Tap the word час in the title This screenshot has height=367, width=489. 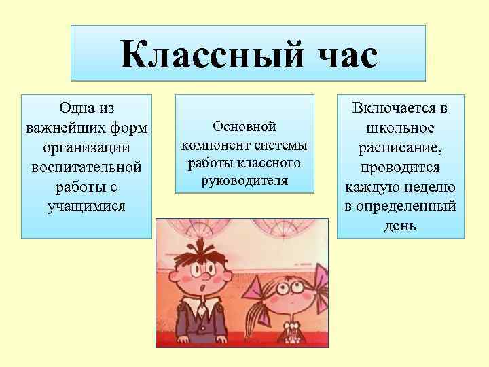pos(338,54)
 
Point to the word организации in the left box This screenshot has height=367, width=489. pos(86,147)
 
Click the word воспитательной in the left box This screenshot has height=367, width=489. pos(86,167)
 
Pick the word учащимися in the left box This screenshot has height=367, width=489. pos(86,205)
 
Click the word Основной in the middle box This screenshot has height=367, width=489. pos(244,127)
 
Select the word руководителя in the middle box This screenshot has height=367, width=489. pos(244,181)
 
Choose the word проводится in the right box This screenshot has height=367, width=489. pos(401,167)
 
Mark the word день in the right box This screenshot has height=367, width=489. pos(401,225)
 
